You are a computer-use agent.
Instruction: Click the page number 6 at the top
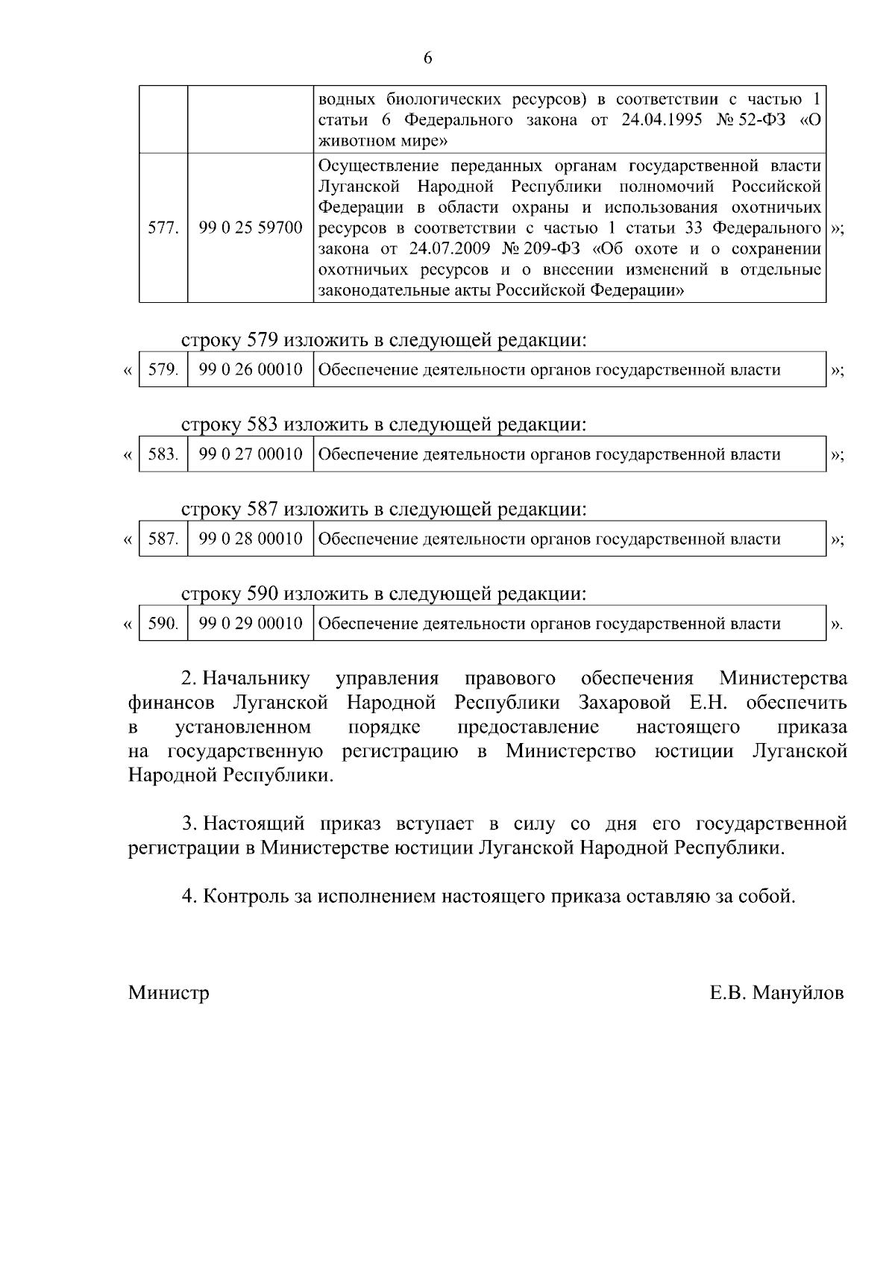(427, 58)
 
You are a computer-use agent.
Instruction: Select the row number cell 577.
(163, 228)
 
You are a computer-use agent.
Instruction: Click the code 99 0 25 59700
(251, 228)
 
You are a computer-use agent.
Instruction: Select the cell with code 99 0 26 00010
(251, 370)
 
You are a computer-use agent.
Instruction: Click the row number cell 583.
(163, 454)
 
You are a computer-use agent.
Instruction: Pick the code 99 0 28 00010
(251, 539)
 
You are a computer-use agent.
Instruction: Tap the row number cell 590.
(163, 624)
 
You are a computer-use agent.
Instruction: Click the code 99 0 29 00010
(251, 624)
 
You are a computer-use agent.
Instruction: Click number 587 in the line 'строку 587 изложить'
(262, 510)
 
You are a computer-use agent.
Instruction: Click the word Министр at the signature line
(169, 993)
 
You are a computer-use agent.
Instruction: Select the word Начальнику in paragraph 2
(257, 679)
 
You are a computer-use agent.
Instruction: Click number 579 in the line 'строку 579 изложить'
(262, 341)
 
